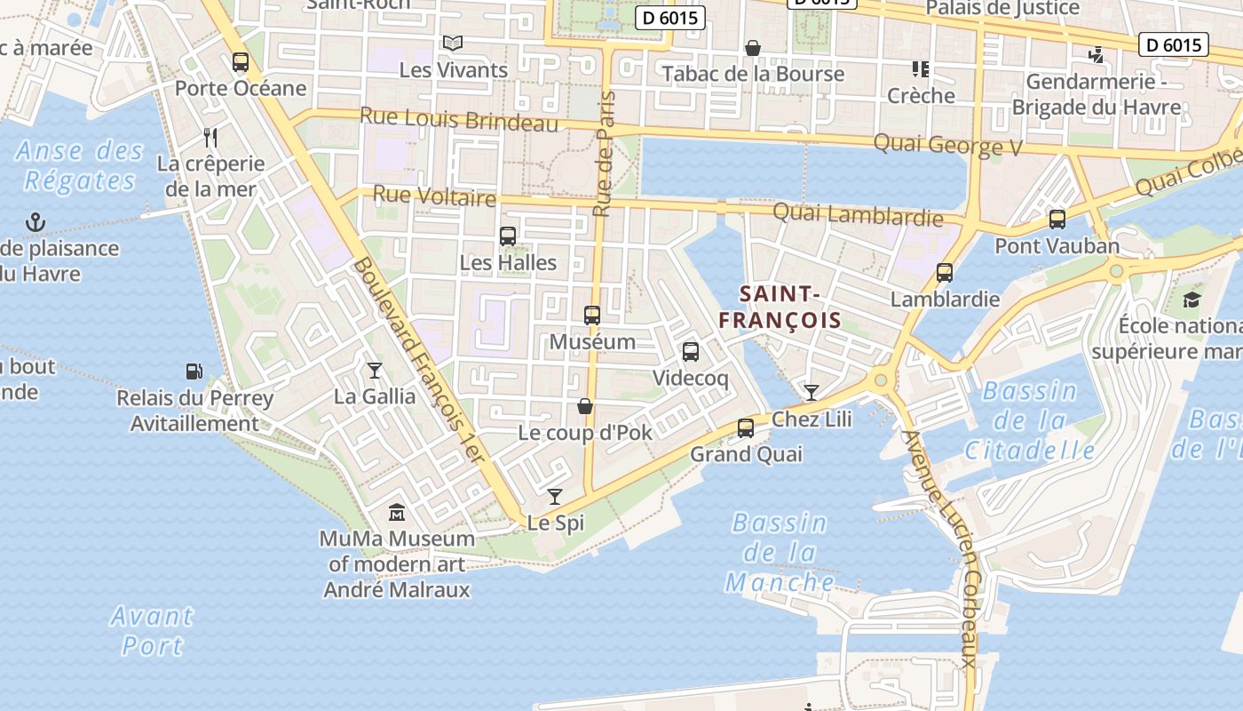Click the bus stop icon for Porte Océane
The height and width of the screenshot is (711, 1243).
click(240, 62)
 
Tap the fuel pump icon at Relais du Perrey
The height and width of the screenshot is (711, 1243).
click(194, 371)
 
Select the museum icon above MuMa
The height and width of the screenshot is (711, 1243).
click(397, 513)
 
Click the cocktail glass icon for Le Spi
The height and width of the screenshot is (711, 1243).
click(555, 497)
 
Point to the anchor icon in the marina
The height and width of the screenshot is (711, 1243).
click(36, 221)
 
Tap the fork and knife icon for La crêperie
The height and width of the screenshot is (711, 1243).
click(210, 137)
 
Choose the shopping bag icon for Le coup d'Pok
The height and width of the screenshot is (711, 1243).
click(585, 406)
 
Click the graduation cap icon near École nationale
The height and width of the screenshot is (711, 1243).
click(1192, 300)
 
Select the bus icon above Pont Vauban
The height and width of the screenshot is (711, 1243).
click(1057, 219)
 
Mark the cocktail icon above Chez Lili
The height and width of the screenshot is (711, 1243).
click(811, 392)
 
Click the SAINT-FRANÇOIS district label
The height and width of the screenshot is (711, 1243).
click(779, 307)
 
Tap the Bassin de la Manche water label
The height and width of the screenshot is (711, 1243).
click(780, 553)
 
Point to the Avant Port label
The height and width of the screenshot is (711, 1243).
click(152, 630)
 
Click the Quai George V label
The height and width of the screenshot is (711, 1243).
click(948, 145)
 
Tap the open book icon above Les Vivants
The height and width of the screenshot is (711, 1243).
click(453, 43)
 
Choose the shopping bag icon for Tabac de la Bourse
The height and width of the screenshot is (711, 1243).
click(753, 47)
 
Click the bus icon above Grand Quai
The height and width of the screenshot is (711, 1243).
click(746, 428)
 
